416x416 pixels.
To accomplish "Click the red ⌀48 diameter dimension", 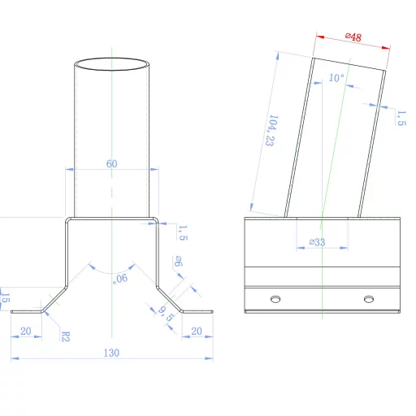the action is (353, 37).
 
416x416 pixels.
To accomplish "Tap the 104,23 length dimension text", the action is (271, 131).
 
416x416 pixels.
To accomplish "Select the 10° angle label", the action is (336, 78).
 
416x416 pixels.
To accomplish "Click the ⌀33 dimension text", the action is (317, 242).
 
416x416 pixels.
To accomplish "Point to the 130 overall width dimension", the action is (111, 353).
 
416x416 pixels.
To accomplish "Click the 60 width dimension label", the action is (111, 163).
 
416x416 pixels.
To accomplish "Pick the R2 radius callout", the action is (66, 336).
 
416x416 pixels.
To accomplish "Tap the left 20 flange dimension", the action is (26, 331).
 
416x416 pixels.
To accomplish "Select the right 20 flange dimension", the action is (197, 331).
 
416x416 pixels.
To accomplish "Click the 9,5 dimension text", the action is (166, 314).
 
